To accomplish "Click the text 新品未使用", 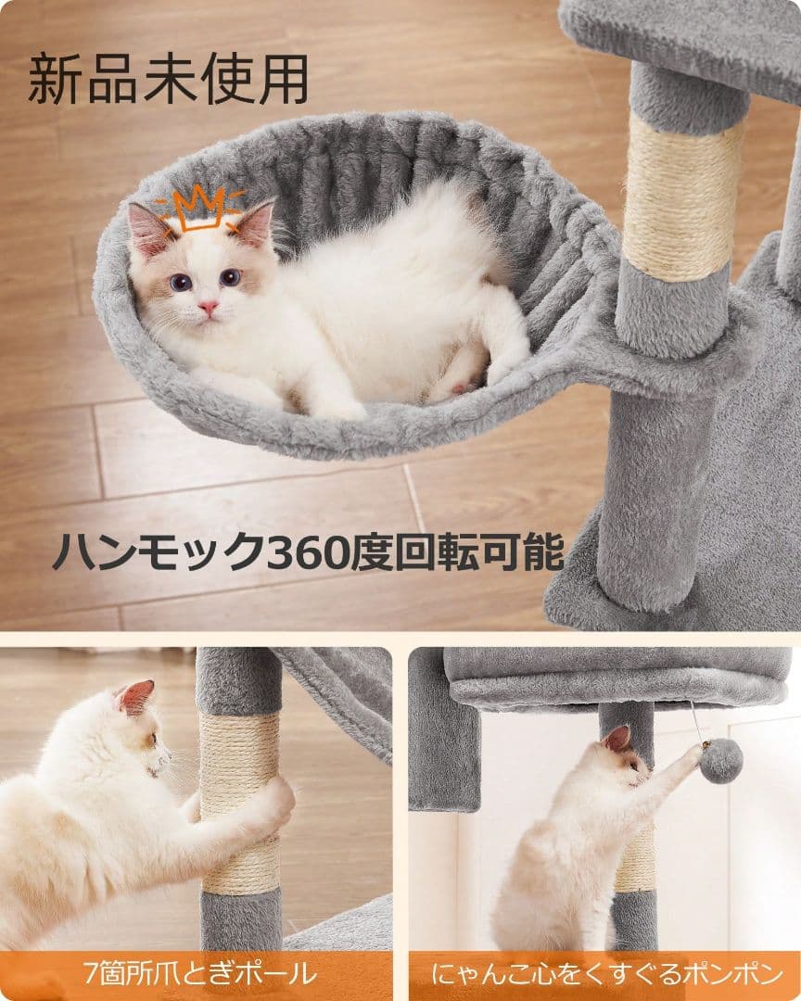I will (168, 80).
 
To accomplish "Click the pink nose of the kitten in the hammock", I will (208, 307).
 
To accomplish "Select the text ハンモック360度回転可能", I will (308, 553).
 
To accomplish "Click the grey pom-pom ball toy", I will (720, 761).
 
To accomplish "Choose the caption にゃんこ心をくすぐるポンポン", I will (607, 974).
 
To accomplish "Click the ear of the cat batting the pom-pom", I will (616, 739).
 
